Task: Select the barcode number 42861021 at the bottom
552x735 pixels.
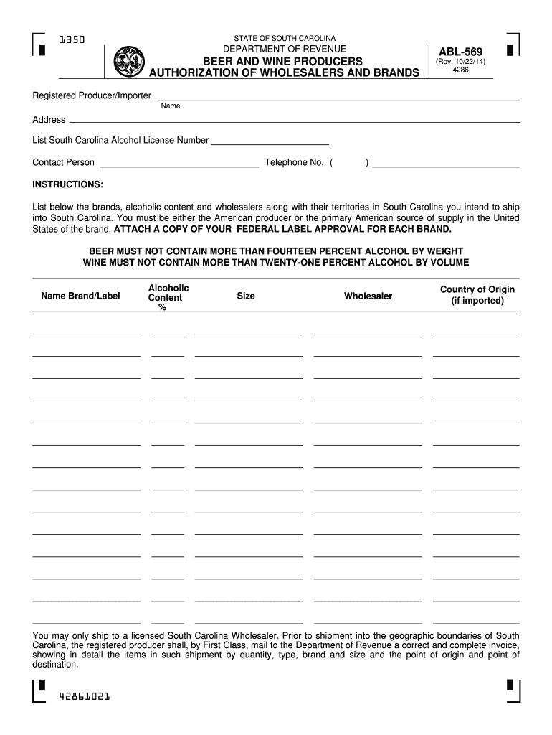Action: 80,696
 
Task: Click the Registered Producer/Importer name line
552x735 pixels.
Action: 338,98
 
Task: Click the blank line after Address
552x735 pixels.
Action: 293,121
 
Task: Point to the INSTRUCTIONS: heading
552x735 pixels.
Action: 68,184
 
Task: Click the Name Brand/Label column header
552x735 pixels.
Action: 80,296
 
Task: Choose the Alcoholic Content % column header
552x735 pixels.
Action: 168,297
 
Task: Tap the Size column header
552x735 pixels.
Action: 246,296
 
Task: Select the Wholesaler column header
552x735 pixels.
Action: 368,296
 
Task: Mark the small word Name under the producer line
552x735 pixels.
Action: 171,106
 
